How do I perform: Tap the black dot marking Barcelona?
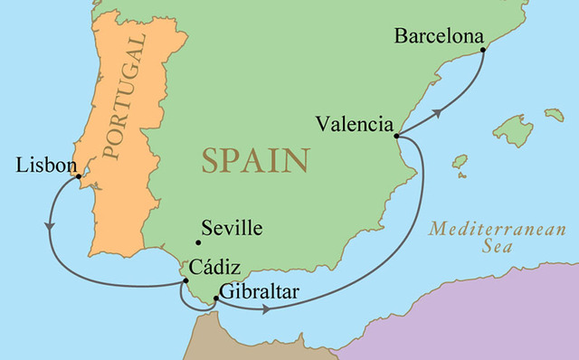(x=483, y=50)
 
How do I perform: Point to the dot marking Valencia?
(x=397, y=137)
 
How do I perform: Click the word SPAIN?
(x=255, y=161)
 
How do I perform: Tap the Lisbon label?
(x=42, y=166)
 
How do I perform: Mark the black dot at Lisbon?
(x=80, y=176)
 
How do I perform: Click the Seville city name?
(x=233, y=228)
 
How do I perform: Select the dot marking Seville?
(x=197, y=242)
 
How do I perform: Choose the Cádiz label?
(x=210, y=269)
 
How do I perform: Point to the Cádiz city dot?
(x=185, y=282)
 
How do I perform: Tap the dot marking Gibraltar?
(x=214, y=298)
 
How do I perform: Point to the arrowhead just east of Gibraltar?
(x=265, y=309)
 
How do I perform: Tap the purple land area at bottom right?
(x=489, y=317)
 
